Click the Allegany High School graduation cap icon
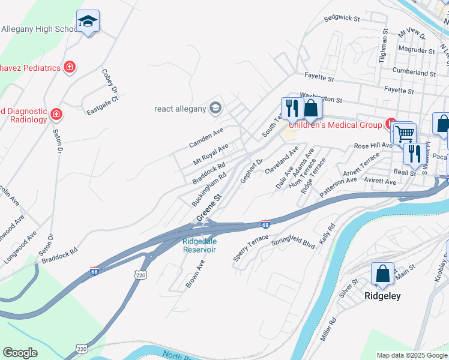coord(88,22)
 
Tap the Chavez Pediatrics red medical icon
coord(70,67)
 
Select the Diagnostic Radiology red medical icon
coord(56,113)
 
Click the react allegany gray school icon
coord(215,108)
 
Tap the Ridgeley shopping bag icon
coord(382,274)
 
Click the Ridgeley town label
coord(382,296)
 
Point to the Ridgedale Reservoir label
coord(199,245)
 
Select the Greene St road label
coord(208,208)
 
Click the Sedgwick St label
coord(341,19)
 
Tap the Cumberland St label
coord(414,73)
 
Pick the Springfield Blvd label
coord(293,241)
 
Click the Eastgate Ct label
coord(103,108)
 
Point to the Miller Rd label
coord(328,329)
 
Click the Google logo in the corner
coord(20,353)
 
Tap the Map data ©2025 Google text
coord(412,355)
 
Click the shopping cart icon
coord(405,133)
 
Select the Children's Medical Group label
coord(336,125)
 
